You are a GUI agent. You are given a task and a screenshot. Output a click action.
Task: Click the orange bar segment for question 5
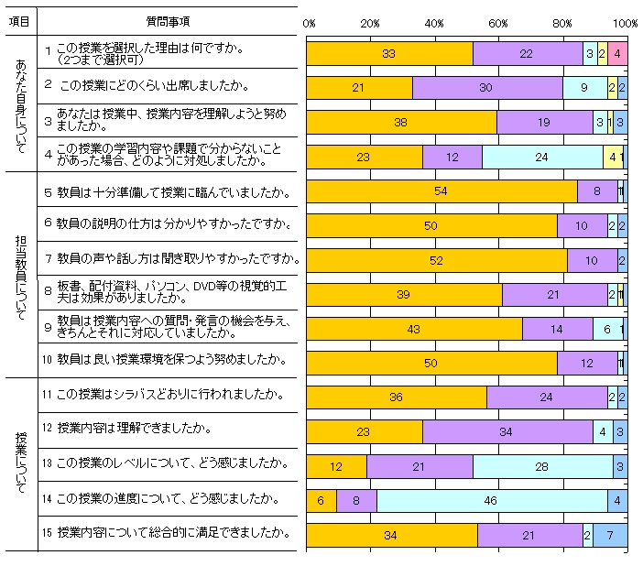pos(441,191)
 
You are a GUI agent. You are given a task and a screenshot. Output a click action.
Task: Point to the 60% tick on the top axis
pos(498,22)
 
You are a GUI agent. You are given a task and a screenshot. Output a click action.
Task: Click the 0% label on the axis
pos(309,22)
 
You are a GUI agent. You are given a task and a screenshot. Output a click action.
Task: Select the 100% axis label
pos(626,22)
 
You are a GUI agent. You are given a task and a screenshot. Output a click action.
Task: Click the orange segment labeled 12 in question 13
pos(336,466)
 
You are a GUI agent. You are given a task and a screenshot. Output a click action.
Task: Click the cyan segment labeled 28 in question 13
pos(543,466)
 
